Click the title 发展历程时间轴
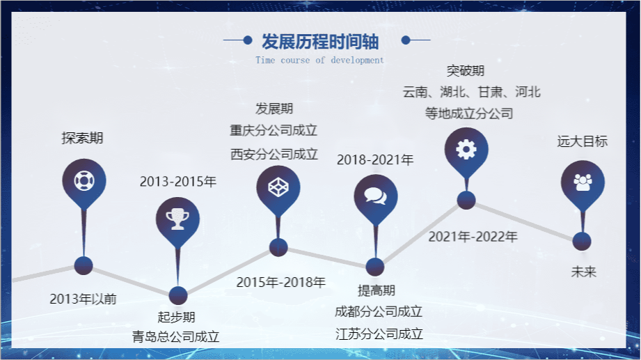pos(320,41)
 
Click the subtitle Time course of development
pos(319,61)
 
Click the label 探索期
pos(82,138)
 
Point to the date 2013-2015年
pos(178,182)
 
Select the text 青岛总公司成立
pos(176,337)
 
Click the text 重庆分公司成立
pos(274,130)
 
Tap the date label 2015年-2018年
pos(281,282)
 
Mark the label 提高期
pos(376,290)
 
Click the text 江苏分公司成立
pos(379,334)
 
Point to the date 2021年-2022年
pos(473,237)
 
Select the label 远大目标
pos(582,141)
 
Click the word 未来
pos(583,272)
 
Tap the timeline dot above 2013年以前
pos(84,266)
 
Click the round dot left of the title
pos(247,40)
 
